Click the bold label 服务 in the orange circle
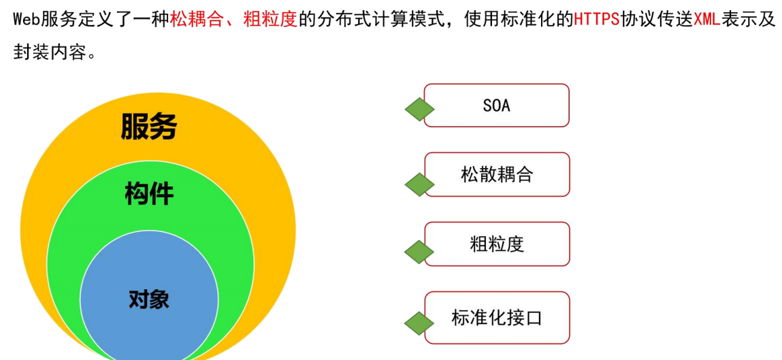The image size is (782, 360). pos(148,126)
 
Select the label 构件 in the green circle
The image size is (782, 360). pos(149,193)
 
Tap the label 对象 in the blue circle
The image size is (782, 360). pos(149,299)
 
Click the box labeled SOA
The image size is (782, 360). pos(496,105)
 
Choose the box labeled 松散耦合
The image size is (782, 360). pos(497,174)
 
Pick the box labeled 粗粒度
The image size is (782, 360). pos(497,244)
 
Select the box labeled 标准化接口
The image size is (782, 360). pos(497,318)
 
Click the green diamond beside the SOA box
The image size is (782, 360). pos(419,109)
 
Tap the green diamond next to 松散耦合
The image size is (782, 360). pos(419,184)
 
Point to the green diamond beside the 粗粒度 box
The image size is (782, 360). pos(419,252)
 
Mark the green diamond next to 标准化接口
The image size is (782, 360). pos(419,323)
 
